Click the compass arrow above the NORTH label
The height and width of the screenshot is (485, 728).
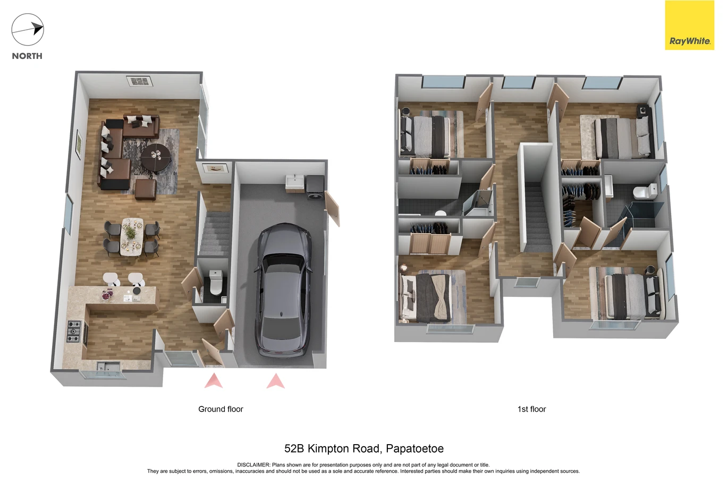[28, 30]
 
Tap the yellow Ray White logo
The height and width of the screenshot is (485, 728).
[689, 25]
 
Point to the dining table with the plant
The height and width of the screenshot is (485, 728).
[132, 236]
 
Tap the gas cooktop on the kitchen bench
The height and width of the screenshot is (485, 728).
[74, 331]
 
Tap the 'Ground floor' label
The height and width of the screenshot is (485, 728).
[221, 409]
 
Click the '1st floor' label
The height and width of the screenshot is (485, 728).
[532, 409]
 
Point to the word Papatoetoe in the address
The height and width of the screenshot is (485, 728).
[414, 449]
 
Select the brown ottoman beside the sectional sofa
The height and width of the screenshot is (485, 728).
[146, 189]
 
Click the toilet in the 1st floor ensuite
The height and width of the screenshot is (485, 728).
[645, 191]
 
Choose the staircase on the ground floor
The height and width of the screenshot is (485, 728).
[215, 232]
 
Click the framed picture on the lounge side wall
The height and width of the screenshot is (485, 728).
[79, 145]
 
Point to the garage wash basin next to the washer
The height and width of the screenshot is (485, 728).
[295, 182]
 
